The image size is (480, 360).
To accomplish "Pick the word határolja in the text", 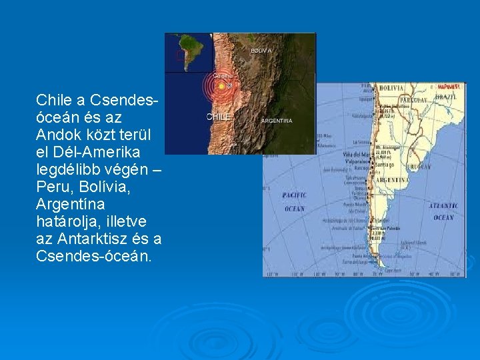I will [67, 221].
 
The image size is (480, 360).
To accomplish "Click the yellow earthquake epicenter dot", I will [221, 86].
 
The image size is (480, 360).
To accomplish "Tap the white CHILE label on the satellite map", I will [219, 117].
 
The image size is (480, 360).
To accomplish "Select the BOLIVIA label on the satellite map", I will [261, 51].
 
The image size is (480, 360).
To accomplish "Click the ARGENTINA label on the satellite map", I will [276, 121].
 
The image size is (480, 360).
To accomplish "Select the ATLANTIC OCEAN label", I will [443, 211].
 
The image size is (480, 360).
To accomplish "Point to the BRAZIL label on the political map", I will [445, 97].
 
